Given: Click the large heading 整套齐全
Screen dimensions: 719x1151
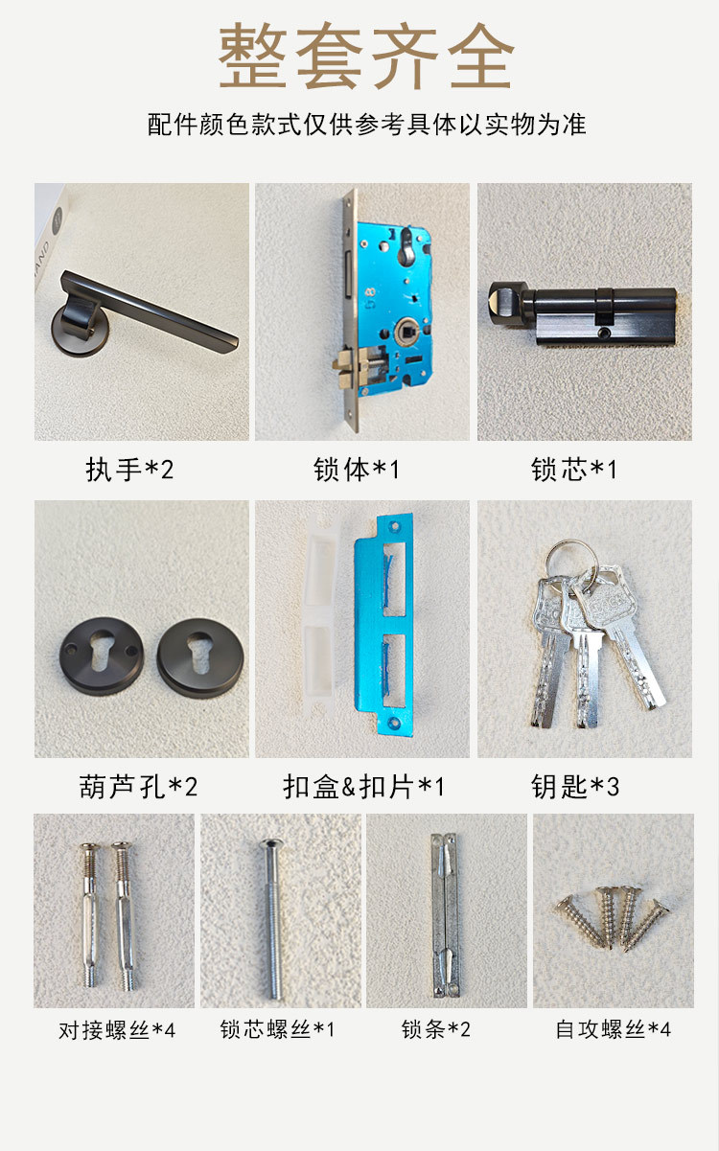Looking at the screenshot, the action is click(366, 56).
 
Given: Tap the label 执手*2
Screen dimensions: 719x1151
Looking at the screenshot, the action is click(129, 470).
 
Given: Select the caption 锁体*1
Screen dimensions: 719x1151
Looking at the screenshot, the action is click(357, 470).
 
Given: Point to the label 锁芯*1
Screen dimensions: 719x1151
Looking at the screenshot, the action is click(574, 470).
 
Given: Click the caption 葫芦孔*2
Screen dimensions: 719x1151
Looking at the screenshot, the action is click(138, 787).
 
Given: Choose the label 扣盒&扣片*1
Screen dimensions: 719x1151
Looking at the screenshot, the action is click(363, 787).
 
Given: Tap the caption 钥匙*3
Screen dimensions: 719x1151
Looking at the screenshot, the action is click(575, 787).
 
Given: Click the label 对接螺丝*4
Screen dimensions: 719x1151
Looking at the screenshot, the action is click(117, 1030).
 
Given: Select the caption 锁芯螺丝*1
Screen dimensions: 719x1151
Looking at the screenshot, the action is click(277, 1029).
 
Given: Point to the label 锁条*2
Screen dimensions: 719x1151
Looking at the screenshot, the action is click(436, 1029).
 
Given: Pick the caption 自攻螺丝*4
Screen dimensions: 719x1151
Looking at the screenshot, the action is click(613, 1029).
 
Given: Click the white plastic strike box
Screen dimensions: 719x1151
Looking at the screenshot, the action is click(319, 617).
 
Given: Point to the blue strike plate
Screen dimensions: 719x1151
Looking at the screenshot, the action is click(384, 624).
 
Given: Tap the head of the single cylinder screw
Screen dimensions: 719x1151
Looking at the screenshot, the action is click(271, 843).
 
